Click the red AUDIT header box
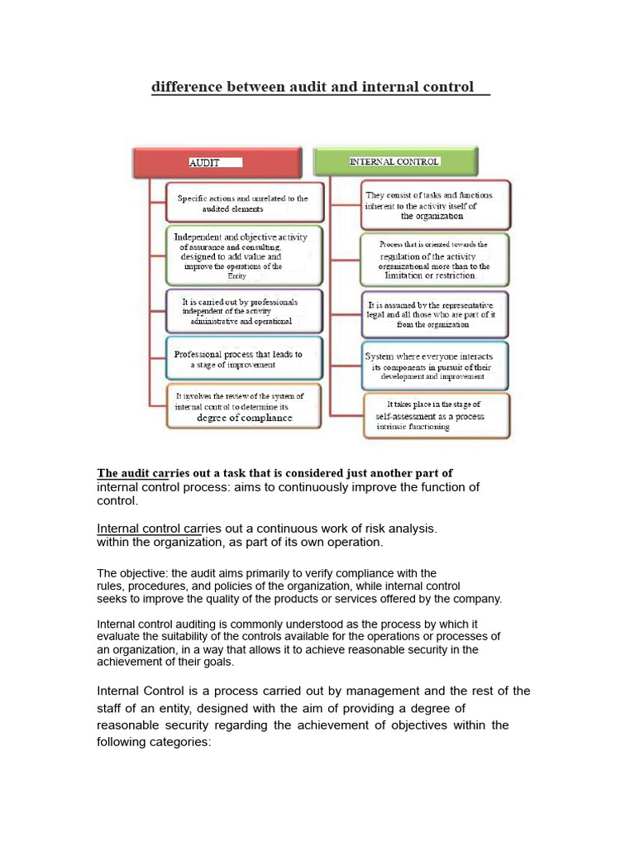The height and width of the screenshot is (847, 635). [217, 163]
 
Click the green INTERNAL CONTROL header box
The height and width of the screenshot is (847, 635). [395, 162]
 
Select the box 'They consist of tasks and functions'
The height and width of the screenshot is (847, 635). [436, 205]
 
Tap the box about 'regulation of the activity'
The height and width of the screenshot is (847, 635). [436, 260]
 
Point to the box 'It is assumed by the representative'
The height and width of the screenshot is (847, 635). [436, 314]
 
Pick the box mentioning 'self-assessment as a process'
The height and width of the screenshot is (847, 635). [436, 415]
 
